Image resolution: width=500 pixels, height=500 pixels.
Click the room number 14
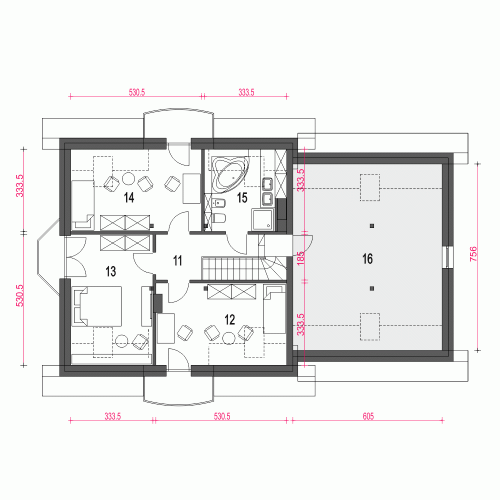click(x=129, y=198)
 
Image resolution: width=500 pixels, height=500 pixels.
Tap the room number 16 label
click(x=367, y=259)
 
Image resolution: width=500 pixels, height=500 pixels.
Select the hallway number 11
click(x=177, y=260)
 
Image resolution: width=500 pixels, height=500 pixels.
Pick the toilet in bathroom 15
click(x=219, y=218)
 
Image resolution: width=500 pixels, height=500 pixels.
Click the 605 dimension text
click(x=367, y=416)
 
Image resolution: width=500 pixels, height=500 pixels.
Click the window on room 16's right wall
click(x=448, y=257)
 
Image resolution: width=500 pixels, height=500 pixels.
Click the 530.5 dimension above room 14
click(x=136, y=92)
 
